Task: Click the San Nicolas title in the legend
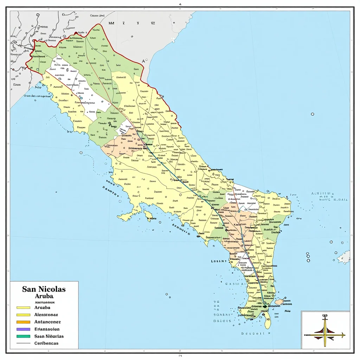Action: (44, 289)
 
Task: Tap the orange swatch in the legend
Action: (23, 322)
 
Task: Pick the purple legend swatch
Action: (23, 329)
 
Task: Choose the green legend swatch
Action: (23, 336)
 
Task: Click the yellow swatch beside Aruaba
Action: (23, 308)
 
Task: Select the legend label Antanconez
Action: (47, 322)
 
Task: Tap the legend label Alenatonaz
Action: (46, 315)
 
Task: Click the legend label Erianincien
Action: (47, 329)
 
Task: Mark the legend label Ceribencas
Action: (46, 343)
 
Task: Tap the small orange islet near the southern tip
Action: (279, 302)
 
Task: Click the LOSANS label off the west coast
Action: (219, 261)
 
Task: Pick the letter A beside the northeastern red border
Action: (143, 61)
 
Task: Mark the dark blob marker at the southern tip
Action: (265, 306)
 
